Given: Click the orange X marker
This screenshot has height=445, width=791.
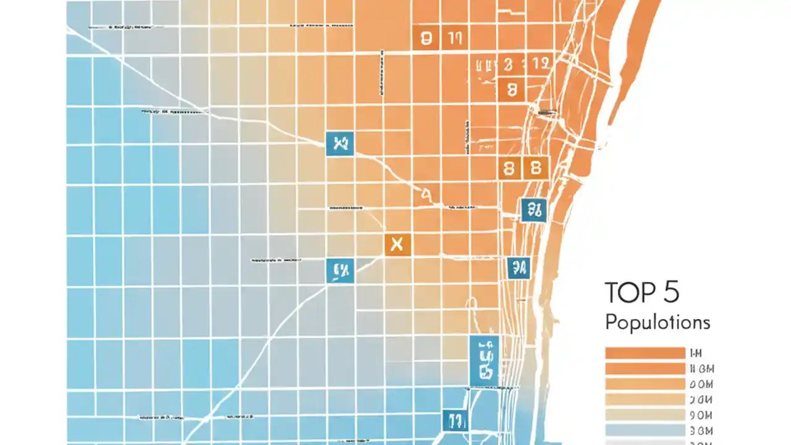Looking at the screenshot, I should coord(397,245).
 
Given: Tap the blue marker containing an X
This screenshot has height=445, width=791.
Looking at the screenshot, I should coord(339,144).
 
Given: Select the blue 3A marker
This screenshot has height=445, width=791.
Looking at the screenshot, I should coord(518,268).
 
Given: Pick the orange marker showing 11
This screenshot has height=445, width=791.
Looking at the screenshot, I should coord(455,39).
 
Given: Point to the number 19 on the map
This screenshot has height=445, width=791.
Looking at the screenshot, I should coord(540,63).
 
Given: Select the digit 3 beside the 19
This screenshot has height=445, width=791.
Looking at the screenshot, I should coord(508,63).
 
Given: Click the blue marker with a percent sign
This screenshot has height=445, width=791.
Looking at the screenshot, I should coord(341,270).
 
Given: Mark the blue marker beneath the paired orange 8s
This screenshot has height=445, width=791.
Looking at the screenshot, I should coord(533,210).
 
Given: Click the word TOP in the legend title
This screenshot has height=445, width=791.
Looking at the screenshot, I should coord(629,292).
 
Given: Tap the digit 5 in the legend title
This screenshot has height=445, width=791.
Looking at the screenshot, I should coord(671,292).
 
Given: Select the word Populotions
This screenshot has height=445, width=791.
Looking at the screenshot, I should coord(658,322).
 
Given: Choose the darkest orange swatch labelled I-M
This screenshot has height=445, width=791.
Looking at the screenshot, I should coord(645,354).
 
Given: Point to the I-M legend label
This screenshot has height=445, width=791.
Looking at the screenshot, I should coord(695,354).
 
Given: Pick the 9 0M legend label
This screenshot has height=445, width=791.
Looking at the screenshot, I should coord(701,415).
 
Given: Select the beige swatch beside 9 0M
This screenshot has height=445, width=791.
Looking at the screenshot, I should coord(645,415).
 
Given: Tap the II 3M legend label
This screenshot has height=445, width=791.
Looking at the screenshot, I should coord(701,369).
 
